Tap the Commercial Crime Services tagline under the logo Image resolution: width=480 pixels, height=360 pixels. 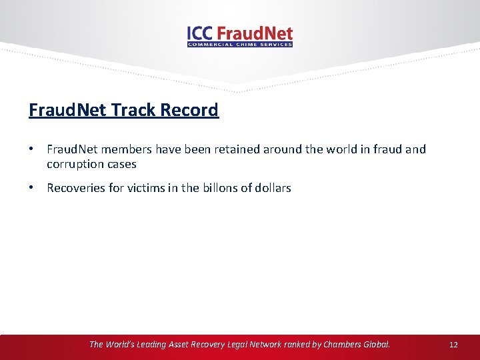240,45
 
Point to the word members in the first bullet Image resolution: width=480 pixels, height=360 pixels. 129,149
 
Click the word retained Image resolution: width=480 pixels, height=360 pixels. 225,149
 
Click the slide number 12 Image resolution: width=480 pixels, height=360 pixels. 453,345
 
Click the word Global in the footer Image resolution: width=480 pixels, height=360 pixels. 376,345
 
